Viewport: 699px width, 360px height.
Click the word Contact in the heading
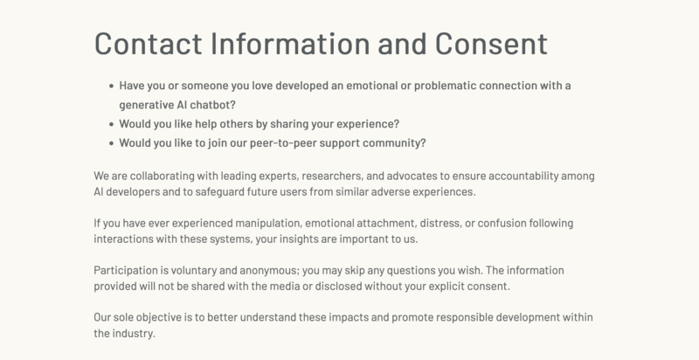click(x=148, y=44)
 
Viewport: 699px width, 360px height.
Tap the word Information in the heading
click(x=290, y=44)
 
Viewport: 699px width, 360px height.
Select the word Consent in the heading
click(x=491, y=44)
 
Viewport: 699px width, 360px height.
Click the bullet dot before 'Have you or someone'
click(x=112, y=86)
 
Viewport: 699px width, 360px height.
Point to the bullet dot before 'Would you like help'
click(x=112, y=124)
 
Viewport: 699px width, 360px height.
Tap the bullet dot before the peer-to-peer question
click(x=112, y=143)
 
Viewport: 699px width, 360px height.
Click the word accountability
click(x=523, y=176)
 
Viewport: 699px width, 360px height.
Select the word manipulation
click(x=268, y=223)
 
